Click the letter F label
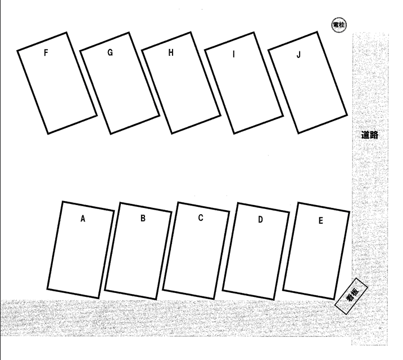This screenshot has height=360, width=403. [46, 52]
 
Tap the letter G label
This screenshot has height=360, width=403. [110, 52]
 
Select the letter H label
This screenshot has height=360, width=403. [171, 52]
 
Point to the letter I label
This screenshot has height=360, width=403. [234, 54]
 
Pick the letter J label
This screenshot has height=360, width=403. [298, 55]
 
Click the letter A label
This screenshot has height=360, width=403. [83, 219]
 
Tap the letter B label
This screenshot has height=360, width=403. [143, 218]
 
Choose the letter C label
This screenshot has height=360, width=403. [201, 218]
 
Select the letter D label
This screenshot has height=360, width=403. [260, 219]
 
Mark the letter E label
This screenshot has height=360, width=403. [320, 221]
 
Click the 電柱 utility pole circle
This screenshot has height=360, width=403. [339, 25]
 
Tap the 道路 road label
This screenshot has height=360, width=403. [370, 135]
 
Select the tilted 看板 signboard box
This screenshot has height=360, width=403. [351, 296]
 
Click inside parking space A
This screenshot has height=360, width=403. [81, 250]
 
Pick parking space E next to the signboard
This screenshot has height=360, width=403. [316, 251]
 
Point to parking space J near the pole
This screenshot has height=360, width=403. [307, 82]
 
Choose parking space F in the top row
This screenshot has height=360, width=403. [57, 83]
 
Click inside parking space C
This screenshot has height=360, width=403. [196, 251]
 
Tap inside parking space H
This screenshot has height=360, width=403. [181, 83]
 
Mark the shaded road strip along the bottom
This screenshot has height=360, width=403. [175, 318]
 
